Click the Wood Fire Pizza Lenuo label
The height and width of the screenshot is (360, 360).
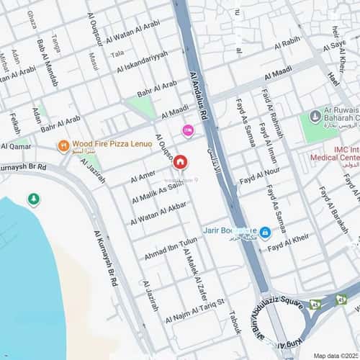click(112, 144)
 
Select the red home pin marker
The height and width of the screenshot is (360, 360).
click(179, 162)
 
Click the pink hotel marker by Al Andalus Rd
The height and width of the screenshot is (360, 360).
click(188, 130)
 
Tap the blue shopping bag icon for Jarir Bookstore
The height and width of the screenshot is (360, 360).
click(265, 232)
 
